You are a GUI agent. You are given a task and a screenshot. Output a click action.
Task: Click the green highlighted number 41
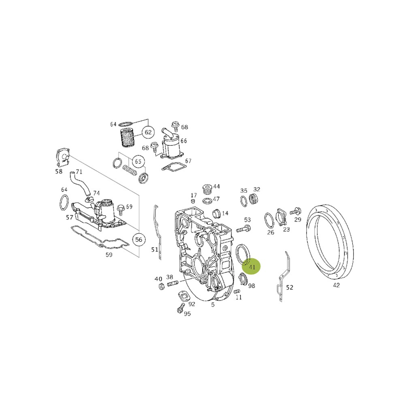251,267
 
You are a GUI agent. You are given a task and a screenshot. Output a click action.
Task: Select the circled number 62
148,132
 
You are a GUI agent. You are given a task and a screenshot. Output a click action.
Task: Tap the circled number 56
139,239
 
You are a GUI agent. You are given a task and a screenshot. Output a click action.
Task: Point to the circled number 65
138,162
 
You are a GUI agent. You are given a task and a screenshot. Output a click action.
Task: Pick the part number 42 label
336,285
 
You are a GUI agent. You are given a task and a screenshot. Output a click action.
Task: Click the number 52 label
290,288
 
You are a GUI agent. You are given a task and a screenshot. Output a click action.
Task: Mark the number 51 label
154,249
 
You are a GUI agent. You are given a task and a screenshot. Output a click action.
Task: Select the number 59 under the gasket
109,255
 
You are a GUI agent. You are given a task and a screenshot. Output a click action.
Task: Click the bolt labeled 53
242,229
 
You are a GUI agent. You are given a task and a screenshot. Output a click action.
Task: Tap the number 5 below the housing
213,305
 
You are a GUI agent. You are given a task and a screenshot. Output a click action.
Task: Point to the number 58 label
59,171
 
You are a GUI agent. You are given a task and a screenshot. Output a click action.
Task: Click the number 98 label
252,286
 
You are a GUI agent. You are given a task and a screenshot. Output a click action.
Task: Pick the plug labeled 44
208,190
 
